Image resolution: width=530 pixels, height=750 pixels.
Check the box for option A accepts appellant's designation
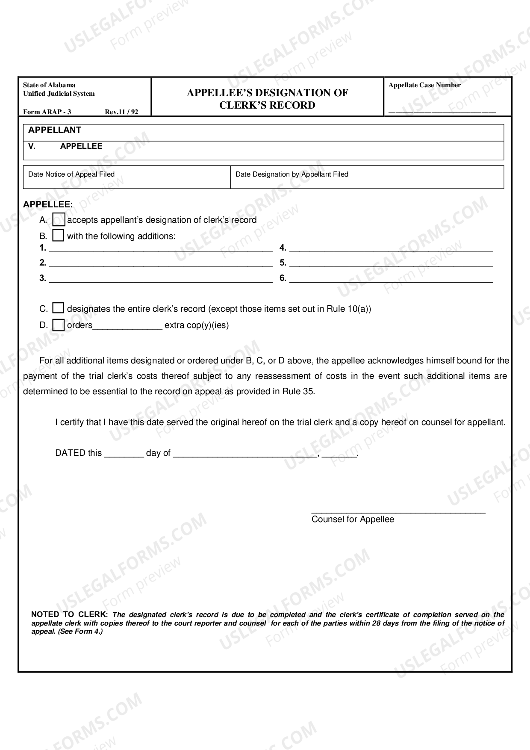tap(59, 220)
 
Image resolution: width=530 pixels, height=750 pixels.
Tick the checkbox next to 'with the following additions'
tap(58, 236)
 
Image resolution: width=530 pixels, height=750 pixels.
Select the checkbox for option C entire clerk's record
tap(58, 308)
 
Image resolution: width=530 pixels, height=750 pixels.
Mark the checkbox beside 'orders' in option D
tap(58, 325)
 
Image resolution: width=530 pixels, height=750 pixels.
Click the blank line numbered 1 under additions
tap(161, 248)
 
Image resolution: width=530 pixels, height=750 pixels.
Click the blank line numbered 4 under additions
tap(391, 248)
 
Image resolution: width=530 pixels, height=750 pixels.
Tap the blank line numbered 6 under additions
tap(391, 279)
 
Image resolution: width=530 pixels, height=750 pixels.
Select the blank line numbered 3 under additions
tap(161, 279)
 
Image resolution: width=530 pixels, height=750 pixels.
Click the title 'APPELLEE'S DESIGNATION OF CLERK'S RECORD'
tap(267, 99)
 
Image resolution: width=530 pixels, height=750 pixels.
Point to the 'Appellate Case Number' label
tap(424, 85)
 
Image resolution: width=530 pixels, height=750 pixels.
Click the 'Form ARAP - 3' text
tap(47, 112)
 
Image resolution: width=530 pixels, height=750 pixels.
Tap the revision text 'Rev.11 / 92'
tap(121, 112)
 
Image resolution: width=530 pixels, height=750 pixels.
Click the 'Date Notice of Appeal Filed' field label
tap(71, 174)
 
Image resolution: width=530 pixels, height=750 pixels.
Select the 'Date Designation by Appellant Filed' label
tap(292, 174)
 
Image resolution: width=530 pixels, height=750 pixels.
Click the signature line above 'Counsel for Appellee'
tap(398, 511)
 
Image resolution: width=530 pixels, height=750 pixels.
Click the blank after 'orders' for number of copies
tap(127, 326)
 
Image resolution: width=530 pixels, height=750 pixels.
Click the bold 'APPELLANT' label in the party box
tap(55, 130)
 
